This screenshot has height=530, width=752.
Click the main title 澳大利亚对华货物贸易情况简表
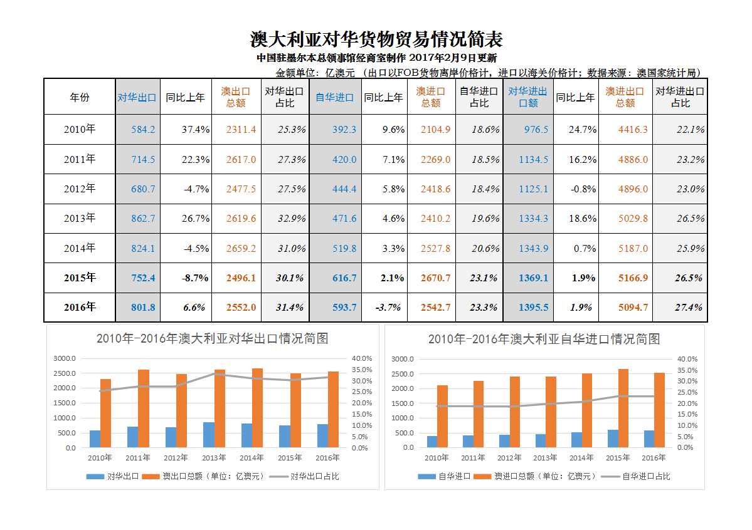376,39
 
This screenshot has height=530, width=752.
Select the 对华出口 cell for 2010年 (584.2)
143,130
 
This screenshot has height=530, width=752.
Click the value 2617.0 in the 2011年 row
241,160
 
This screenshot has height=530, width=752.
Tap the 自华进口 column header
335,97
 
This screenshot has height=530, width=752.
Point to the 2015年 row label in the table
80,278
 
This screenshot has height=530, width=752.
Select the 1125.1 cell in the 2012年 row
533,189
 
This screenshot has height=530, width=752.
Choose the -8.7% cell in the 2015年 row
195,278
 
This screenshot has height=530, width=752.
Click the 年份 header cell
80,97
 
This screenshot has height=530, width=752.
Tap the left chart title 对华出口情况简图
213,339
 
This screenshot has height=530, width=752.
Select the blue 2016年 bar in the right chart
649,439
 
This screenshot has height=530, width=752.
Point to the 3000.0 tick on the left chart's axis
64,359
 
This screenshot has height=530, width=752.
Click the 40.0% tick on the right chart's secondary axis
686,359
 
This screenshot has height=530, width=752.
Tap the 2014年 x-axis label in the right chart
581,458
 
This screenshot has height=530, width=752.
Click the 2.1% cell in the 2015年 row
393,278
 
